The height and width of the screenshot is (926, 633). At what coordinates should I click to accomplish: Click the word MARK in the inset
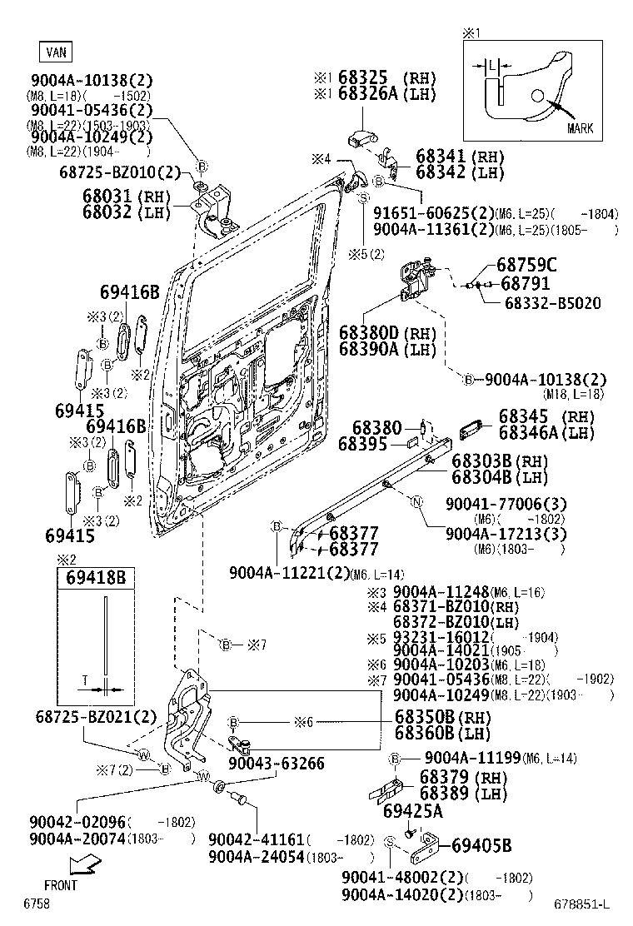(580, 128)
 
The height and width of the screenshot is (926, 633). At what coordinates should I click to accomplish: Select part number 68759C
(526, 265)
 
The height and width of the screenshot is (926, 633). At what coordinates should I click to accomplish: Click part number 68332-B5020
(551, 303)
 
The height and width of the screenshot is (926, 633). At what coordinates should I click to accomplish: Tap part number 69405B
(481, 846)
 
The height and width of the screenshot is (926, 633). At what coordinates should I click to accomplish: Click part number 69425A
(413, 810)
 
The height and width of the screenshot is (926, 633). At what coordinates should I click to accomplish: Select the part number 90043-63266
(277, 764)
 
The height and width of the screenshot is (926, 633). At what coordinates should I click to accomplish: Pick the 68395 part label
(363, 445)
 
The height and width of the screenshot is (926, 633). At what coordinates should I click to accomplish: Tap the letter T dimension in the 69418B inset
(86, 680)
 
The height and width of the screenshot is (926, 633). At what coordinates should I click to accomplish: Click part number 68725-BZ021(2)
(96, 717)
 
